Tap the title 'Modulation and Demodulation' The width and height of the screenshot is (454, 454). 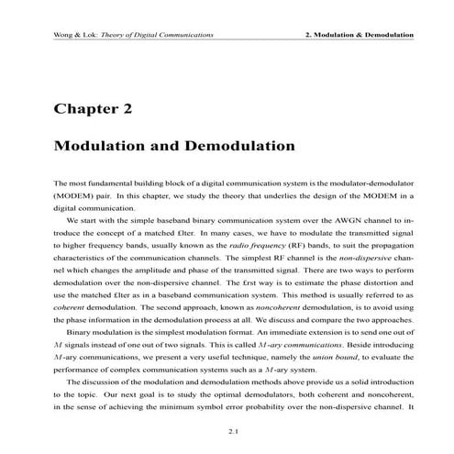coord(174,146)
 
